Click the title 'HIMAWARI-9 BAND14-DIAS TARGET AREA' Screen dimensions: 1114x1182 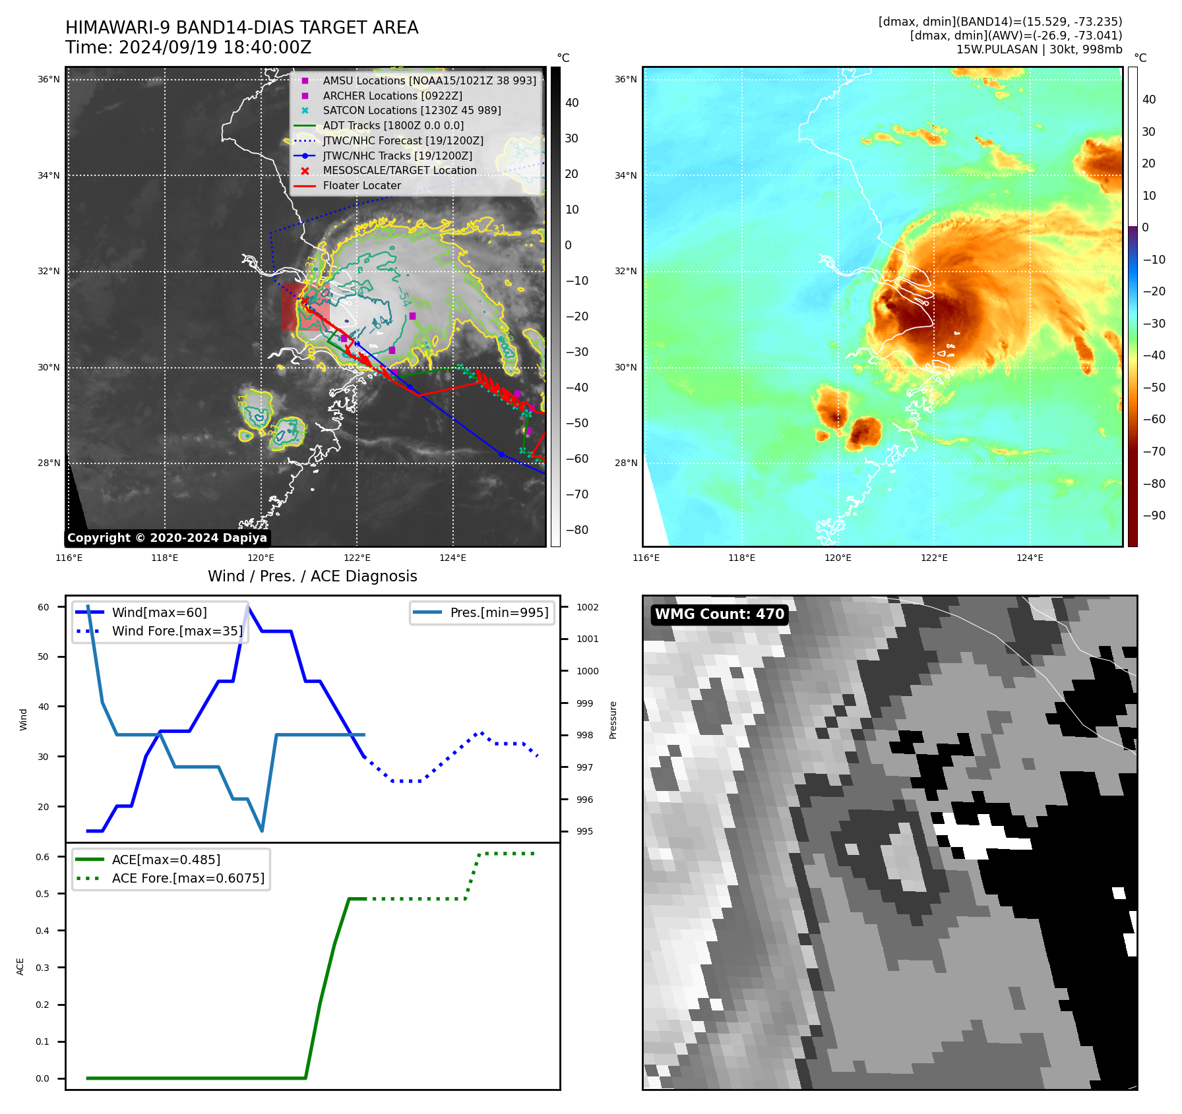(241, 28)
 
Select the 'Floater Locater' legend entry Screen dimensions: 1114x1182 (361, 186)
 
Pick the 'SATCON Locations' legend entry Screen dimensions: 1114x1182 (412, 111)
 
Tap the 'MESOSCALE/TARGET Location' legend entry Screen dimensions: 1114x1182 (399, 171)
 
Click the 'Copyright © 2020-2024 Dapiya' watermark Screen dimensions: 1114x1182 (167, 538)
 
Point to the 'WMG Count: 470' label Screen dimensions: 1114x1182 (719, 614)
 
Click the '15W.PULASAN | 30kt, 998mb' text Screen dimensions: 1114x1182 (1039, 49)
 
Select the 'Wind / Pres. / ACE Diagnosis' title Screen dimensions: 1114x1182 (312, 576)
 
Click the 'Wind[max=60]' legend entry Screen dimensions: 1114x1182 (159, 613)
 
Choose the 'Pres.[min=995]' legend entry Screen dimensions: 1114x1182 (499, 613)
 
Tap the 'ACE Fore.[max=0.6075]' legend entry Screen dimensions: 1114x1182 (188, 879)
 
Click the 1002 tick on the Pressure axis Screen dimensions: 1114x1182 (587, 607)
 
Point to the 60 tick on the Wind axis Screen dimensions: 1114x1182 (44, 607)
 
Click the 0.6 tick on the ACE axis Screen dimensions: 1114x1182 (43, 857)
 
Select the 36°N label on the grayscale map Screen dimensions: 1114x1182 (48, 80)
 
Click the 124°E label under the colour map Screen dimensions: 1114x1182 (1030, 558)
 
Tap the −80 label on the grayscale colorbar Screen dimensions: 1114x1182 (576, 530)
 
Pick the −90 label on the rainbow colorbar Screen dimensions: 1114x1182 (1154, 515)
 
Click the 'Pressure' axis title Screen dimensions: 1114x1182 (613, 720)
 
